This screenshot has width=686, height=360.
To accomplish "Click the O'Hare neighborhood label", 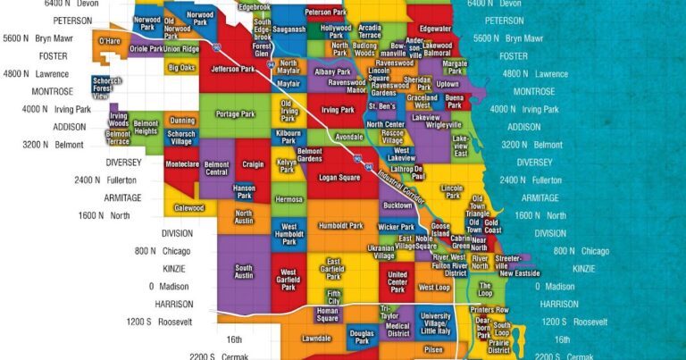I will [109, 41].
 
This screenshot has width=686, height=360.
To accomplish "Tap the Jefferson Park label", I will [233, 68].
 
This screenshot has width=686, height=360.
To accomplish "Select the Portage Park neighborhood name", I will [235, 113].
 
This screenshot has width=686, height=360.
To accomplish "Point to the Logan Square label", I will [338, 177].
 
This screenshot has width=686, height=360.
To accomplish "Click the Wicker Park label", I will [396, 227].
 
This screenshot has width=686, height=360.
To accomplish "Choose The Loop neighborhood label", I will [485, 291].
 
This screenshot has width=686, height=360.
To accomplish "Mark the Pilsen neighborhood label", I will [432, 348].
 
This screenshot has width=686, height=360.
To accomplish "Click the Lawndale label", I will [316, 339].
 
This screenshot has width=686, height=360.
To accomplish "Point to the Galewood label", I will [188, 207].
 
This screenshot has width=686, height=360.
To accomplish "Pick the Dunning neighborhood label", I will [182, 120].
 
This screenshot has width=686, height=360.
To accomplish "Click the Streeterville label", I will [507, 258].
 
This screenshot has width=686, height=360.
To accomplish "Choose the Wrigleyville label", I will [443, 125].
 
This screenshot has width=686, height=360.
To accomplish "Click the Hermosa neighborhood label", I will [289, 199].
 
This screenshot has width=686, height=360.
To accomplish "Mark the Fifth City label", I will [333, 295].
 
